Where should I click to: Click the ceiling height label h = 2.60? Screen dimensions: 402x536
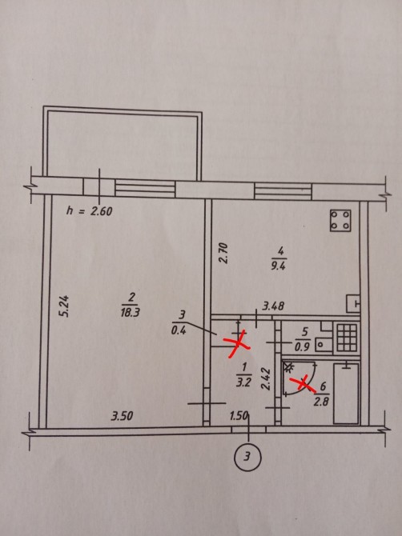[x=89, y=210]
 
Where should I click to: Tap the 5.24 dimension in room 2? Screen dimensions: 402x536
[x=64, y=306]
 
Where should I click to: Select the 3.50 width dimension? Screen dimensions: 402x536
[x=122, y=416]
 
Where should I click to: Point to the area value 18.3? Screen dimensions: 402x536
[x=130, y=312]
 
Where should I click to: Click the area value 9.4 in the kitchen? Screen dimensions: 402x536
[x=278, y=266]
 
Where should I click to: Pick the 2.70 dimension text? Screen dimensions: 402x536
[x=223, y=253]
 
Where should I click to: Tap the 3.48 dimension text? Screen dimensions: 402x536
[x=273, y=306]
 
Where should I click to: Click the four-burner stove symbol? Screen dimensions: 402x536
[x=340, y=221]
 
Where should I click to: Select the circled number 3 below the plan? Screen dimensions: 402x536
[x=247, y=457]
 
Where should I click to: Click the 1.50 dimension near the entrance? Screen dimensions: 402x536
[x=239, y=416]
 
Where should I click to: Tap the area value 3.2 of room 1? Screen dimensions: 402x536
[x=243, y=382]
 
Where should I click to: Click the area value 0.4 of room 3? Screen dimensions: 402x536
[x=179, y=330]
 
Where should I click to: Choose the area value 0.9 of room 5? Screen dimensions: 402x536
[x=302, y=346]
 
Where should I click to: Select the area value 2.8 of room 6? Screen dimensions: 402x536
[x=321, y=400]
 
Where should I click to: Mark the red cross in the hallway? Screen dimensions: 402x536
[x=238, y=343]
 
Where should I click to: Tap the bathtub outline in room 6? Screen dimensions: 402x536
[x=346, y=394]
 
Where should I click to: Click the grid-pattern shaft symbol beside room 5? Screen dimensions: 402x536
[x=347, y=338]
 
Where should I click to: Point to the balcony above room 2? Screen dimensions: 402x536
[x=123, y=143]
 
